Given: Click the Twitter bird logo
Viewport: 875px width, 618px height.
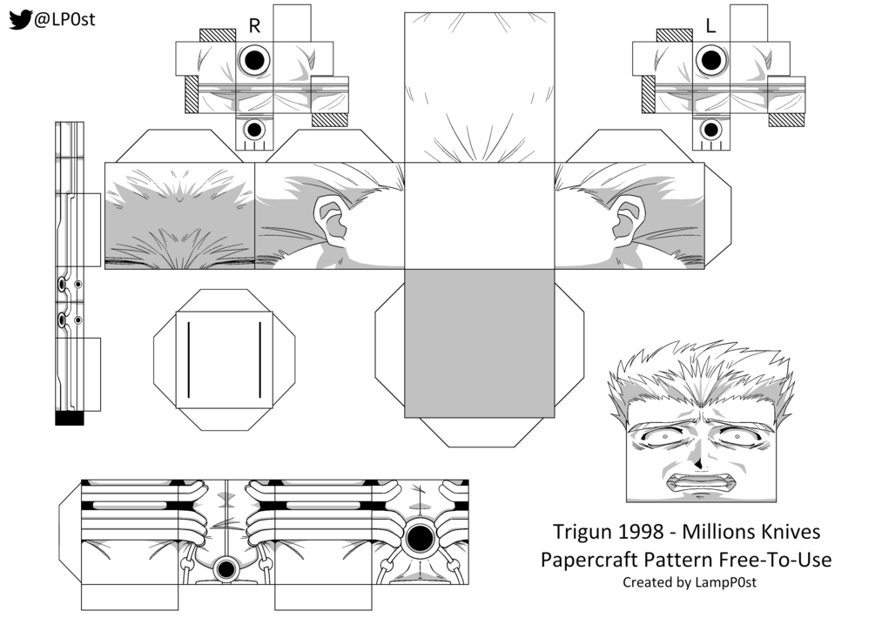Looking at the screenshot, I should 20,19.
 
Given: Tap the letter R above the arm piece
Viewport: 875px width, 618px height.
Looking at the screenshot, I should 254,26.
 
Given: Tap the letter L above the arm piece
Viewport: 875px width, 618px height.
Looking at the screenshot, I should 710,26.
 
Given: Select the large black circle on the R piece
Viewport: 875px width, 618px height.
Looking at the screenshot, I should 254,60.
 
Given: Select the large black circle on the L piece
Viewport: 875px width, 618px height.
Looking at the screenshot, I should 710,60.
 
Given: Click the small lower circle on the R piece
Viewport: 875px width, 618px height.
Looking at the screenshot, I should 254,130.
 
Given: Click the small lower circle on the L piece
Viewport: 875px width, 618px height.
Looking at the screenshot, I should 710,130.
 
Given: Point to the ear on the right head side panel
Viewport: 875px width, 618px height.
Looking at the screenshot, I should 626,219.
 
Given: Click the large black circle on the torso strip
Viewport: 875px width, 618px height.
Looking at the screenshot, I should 420,533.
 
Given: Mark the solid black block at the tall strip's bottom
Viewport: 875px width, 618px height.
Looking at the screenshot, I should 69,419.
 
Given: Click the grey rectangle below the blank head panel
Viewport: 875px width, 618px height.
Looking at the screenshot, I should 479,342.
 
